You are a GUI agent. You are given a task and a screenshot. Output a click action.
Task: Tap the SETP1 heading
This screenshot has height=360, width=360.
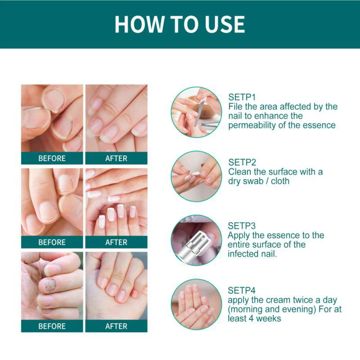[x=242, y=97]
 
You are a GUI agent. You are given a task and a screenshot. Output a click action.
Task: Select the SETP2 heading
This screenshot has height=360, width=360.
[x=242, y=162]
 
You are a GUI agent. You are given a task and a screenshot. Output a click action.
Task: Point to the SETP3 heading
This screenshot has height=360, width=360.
[x=242, y=226]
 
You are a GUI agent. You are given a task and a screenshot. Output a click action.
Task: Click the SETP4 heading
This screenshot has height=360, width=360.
[x=242, y=291]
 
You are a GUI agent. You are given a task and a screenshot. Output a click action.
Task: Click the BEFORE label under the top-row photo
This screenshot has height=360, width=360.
[x=52, y=158]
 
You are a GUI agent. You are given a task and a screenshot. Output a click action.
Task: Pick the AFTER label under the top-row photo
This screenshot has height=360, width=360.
[x=117, y=158]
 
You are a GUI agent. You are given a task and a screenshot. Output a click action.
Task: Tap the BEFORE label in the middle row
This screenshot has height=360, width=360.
[x=52, y=242]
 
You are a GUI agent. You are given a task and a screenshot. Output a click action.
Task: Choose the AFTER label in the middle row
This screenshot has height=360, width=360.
[x=117, y=242]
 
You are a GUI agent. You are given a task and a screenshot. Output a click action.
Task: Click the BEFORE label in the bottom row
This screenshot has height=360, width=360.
[x=52, y=326]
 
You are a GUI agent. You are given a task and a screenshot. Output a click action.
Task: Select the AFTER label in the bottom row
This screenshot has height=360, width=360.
[x=117, y=326]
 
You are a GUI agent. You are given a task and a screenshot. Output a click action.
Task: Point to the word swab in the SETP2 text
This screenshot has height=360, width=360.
[x=255, y=181]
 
